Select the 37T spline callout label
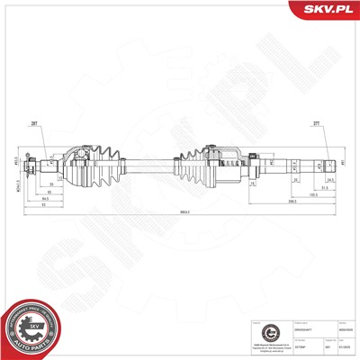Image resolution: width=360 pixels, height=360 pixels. click(x=316, y=125)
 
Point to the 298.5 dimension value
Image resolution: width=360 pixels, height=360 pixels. click(x=293, y=202)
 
